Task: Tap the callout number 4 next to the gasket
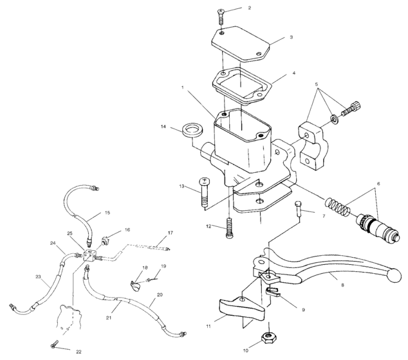pyautogui.click(x=293, y=73)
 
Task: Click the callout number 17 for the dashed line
pyautogui.click(x=171, y=233)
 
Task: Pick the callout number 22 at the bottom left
pyautogui.click(x=79, y=352)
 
